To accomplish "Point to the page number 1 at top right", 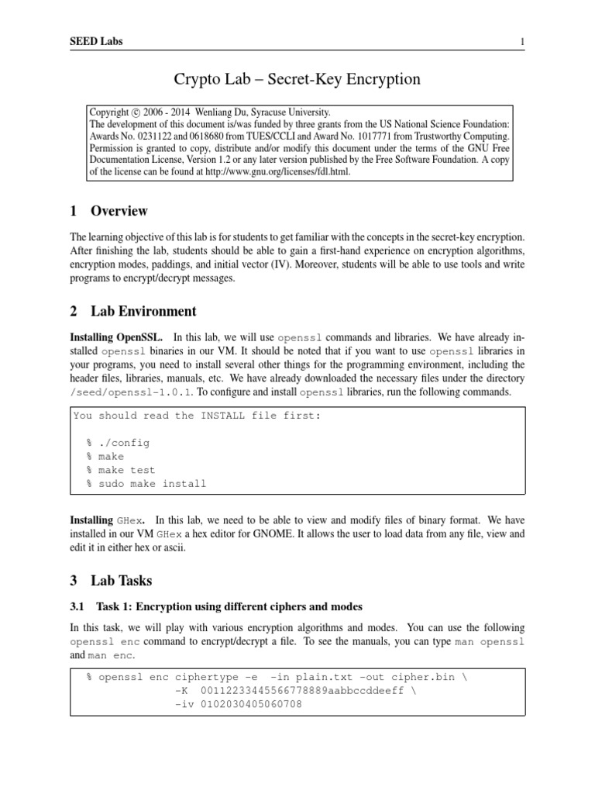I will coord(523,40).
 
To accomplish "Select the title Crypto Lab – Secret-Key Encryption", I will coord(297,79).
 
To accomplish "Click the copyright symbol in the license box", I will coord(136,112).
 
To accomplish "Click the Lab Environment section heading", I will coord(143,312).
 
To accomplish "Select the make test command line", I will coord(121,470).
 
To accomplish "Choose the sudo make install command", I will coord(146,484).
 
